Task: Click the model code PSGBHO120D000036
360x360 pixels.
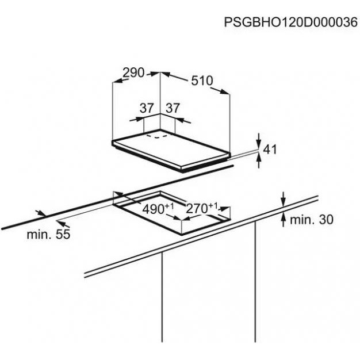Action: tap(290, 22)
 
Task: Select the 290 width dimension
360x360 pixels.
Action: tap(133, 73)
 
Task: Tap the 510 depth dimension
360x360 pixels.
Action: tap(202, 81)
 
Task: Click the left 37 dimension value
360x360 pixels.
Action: tap(147, 108)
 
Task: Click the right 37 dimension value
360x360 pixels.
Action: tap(173, 108)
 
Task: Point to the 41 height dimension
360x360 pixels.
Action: tap(270, 150)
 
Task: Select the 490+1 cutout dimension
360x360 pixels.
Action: tap(158, 209)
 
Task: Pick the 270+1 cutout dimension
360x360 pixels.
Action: tap(202, 208)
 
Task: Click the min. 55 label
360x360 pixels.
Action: tap(48, 235)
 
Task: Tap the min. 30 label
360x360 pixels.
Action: tap(312, 220)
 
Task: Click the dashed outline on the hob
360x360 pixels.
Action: tap(157, 136)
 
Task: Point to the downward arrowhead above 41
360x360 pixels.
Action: tap(259, 145)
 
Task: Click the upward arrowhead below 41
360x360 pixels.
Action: tap(259, 158)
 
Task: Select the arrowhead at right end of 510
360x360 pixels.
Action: tap(224, 92)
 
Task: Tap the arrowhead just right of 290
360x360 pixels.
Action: tap(154, 74)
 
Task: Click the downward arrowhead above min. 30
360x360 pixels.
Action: tap(284, 202)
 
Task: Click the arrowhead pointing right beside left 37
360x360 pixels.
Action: tap(140, 119)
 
